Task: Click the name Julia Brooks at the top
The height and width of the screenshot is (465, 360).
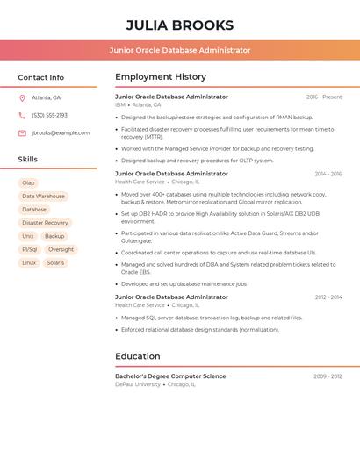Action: [x=179, y=25]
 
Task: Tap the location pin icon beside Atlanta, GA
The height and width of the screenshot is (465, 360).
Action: [x=22, y=97]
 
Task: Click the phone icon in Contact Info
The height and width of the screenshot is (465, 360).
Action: [x=22, y=115]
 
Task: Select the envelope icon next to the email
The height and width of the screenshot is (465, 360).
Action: [x=22, y=132]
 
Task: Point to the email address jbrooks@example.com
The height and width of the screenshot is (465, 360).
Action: [x=61, y=132]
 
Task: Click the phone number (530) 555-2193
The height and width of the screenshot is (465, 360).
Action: [x=49, y=115]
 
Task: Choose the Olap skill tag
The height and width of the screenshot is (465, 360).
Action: [x=29, y=183]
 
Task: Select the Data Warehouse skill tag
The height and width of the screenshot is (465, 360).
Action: [x=43, y=197]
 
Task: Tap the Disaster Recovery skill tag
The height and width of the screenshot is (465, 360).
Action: [x=45, y=223]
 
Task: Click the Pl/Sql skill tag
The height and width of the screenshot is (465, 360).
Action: [x=30, y=249]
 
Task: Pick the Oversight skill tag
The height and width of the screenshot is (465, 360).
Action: [x=61, y=249]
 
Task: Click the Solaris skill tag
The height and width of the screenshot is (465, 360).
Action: [x=55, y=262]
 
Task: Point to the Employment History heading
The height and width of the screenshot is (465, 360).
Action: [x=161, y=76]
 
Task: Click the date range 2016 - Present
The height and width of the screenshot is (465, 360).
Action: [x=324, y=97]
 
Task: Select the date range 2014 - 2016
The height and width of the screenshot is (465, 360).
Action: [x=328, y=174]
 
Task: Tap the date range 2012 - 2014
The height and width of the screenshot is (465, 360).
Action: [x=328, y=297]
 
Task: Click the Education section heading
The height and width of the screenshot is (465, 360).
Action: [x=138, y=356]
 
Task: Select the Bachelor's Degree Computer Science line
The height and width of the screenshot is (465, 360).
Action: [x=170, y=376]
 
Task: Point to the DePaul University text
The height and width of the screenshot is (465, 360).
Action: [x=138, y=384]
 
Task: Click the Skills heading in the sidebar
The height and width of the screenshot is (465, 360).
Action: [x=28, y=159]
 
